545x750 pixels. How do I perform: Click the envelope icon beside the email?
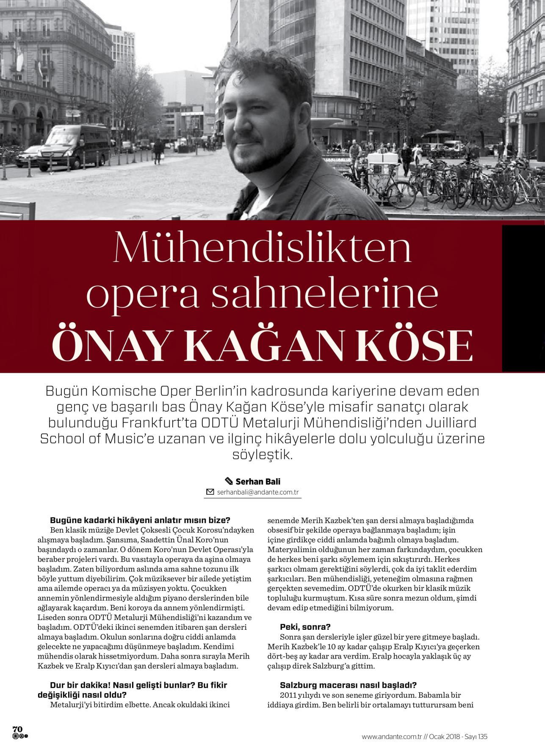coord(210,492)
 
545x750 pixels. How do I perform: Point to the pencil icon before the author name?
coord(229,482)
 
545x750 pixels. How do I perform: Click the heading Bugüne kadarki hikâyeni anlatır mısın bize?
coord(140,520)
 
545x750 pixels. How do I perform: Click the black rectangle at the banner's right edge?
coord(523,299)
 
